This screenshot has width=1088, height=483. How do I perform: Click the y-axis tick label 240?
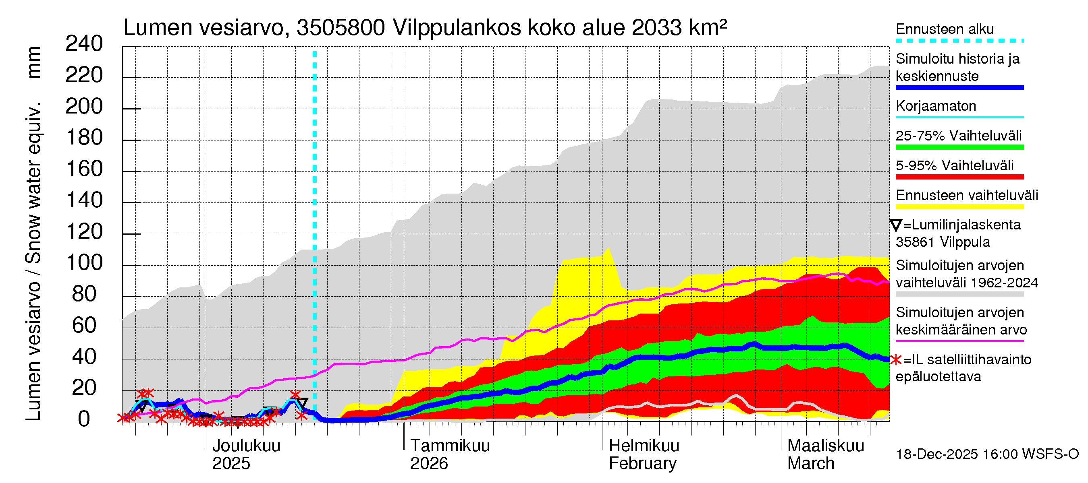84,44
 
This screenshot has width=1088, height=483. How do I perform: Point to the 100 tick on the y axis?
85,263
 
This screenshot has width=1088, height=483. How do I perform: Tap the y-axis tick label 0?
84,419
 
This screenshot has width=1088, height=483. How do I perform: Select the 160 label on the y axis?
85,169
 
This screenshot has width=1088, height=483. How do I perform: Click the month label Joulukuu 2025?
246,454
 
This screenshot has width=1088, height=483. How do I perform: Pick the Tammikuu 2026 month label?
449,454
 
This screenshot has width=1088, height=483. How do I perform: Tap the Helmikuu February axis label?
643,454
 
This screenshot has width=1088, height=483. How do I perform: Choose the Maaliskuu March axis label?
825,454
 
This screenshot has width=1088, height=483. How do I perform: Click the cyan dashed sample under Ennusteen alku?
959,41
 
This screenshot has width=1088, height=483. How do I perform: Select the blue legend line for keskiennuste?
959,88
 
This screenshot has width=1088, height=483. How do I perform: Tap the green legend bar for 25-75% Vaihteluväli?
959,147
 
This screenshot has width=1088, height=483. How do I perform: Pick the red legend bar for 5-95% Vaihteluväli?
959,177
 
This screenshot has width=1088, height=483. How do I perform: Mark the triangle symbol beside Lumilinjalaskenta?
896,225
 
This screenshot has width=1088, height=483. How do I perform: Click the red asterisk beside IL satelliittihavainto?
895,360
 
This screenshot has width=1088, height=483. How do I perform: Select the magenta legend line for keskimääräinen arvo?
959,341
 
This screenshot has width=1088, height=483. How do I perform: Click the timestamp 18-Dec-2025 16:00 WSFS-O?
987,454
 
